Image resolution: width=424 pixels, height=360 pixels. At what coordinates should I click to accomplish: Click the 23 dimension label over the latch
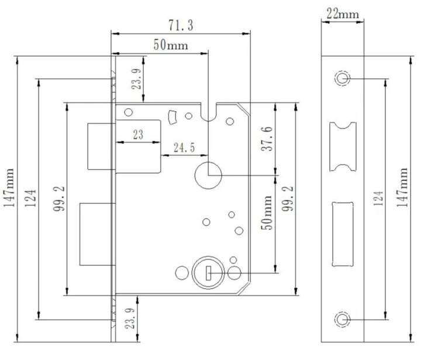point(137,135)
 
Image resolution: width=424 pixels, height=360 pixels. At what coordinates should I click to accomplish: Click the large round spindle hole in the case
point(208,174)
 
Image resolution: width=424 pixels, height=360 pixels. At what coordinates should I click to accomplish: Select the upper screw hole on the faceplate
point(342,78)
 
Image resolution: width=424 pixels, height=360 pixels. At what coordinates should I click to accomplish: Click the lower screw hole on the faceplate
point(342,319)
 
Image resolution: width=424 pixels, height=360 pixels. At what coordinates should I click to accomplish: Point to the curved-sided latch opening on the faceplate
point(342,147)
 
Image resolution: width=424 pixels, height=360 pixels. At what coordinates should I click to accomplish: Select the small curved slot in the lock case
point(172,116)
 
